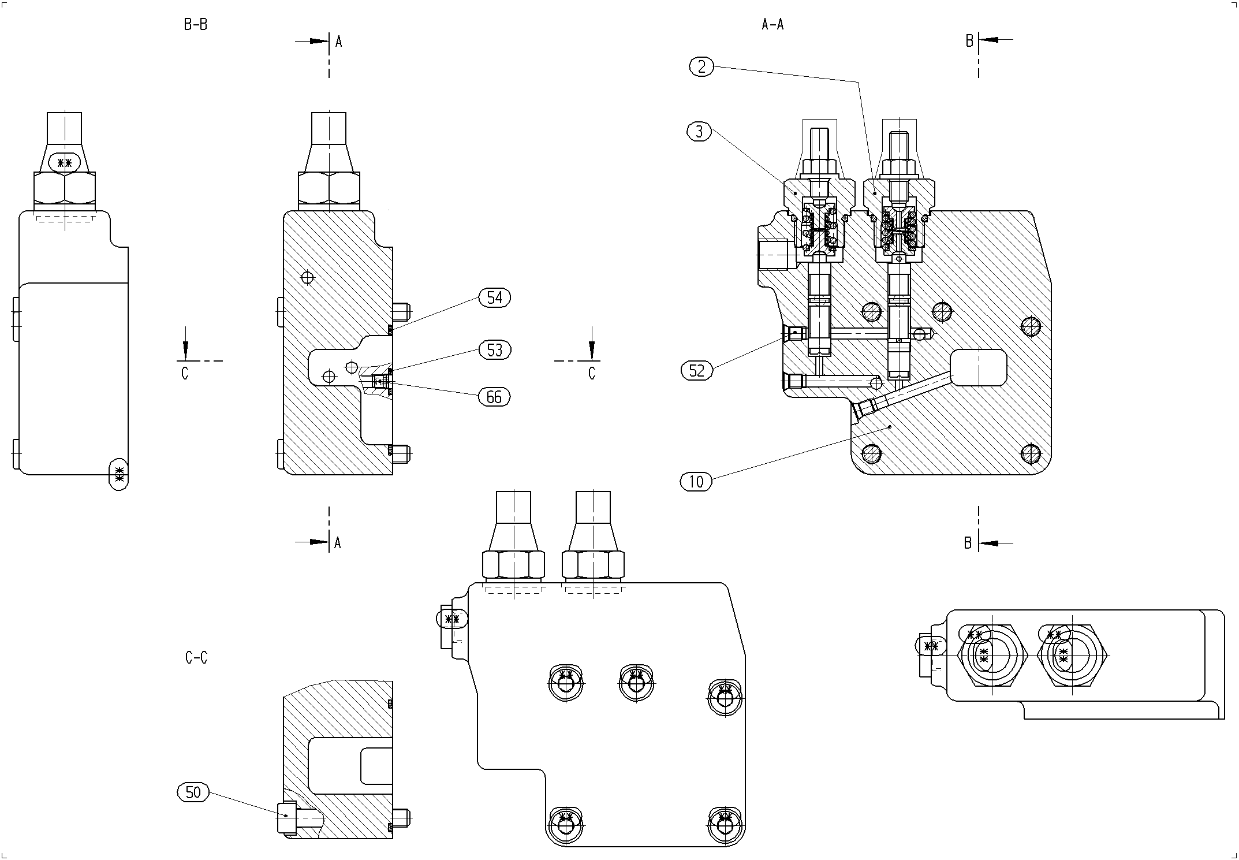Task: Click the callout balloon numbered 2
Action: (701, 67)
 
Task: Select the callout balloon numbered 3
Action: (700, 132)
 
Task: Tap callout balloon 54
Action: (495, 298)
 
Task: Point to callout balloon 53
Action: (495, 350)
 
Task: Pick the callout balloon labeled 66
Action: (494, 397)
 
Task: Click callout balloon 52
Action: (697, 370)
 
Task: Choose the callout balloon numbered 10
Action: (696, 481)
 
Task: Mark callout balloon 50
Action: (193, 792)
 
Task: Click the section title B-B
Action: (195, 25)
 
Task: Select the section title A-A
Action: (772, 24)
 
